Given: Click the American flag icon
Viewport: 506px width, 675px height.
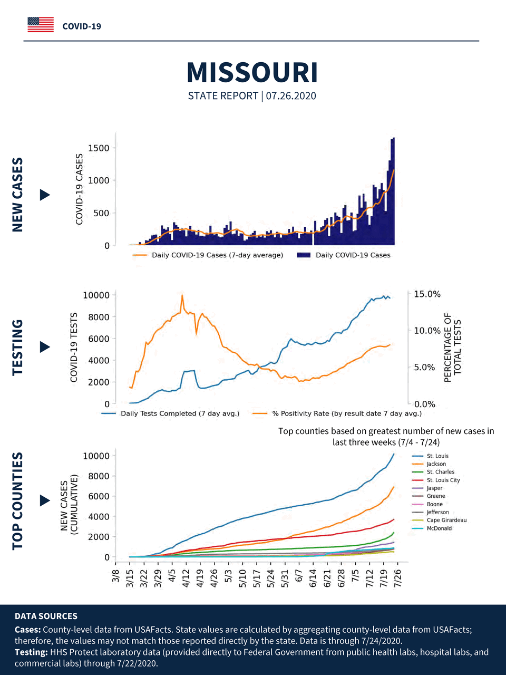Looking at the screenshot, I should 41,25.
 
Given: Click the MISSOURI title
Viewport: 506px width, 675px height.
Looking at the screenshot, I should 252,73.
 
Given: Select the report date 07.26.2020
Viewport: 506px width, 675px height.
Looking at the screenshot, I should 291,96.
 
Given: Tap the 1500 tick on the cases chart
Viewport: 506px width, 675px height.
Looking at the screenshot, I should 99,148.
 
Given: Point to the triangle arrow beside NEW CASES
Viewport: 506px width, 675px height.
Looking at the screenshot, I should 45,195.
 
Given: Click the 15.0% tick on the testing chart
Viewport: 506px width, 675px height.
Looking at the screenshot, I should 427,294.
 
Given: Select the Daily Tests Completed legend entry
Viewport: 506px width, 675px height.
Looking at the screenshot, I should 180,413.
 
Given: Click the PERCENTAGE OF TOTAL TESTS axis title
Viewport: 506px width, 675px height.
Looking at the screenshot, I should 452,347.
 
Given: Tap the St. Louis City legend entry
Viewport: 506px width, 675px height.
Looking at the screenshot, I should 443,480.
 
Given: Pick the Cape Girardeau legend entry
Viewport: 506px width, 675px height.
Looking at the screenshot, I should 446,520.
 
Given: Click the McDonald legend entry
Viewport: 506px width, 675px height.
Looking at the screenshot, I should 439,528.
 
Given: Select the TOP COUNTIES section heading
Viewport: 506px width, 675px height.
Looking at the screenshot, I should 18,501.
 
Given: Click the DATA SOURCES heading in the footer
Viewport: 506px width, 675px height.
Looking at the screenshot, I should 46,616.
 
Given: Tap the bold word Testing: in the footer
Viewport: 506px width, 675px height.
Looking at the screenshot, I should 31,652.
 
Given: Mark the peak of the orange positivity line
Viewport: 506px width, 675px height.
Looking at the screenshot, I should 182,295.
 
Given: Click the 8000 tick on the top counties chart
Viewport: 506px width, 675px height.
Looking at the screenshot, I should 99,476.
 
